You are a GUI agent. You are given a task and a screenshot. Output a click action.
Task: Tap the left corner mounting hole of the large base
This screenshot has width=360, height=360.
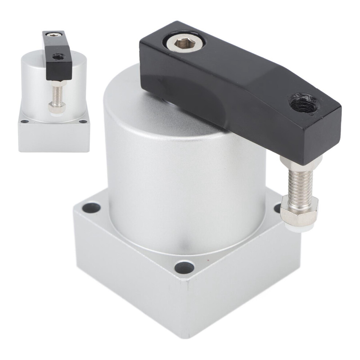coord(91,208)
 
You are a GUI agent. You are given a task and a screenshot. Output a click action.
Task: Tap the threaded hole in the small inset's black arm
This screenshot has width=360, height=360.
coord(57,56)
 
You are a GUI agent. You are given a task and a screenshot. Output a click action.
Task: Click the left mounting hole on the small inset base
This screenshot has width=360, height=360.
coord(24,121)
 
